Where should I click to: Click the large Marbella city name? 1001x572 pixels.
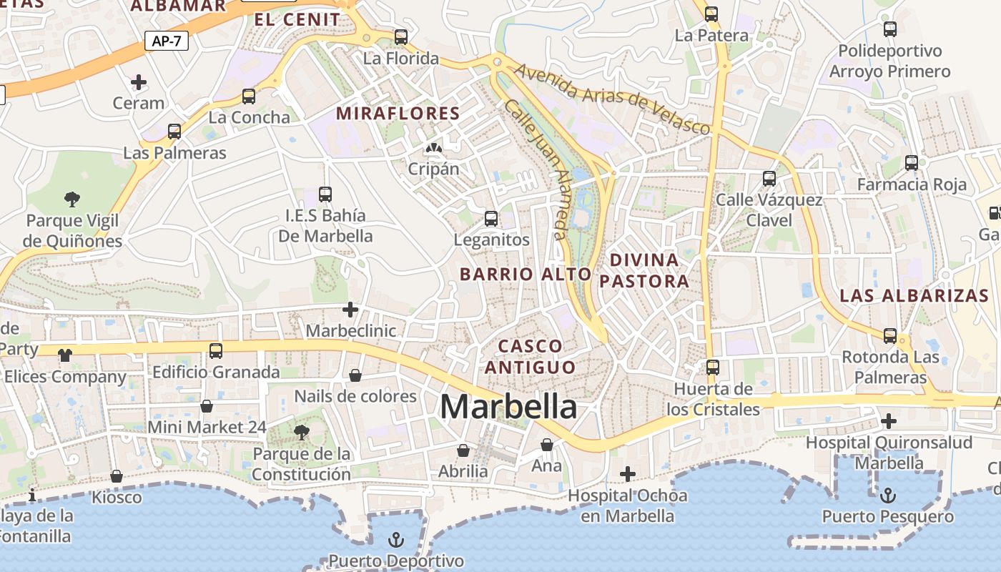coord(508,407)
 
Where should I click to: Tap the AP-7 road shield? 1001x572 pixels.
coord(167,41)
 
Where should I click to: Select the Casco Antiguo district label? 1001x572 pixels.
coord(530,357)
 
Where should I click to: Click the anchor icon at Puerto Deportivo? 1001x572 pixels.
coord(395,540)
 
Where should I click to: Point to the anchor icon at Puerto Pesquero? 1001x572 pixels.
coord(887,495)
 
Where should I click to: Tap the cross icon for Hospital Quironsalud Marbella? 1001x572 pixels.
coord(889,421)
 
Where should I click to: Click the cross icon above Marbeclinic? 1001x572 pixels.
coord(350,310)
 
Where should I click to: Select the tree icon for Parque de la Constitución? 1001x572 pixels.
coord(302,432)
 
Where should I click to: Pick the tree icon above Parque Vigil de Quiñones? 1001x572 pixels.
coord(71,199)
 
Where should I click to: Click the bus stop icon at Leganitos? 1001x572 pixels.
coord(491,218)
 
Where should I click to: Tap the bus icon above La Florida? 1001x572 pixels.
coord(401,36)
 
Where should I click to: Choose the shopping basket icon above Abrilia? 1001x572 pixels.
coord(463,450)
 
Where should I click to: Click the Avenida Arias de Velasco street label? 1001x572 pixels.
coord(612,99)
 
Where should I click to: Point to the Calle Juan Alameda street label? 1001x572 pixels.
coord(536,168)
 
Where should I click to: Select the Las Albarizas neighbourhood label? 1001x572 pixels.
coord(914,295)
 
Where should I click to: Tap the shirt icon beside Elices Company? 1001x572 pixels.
coord(65,355)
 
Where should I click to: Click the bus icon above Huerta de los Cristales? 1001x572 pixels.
coord(712,368)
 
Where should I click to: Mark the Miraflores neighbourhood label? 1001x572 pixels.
coord(398,113)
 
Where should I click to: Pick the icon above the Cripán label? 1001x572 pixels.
coord(433,148)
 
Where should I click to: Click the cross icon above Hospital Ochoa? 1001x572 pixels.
coord(627,473)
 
